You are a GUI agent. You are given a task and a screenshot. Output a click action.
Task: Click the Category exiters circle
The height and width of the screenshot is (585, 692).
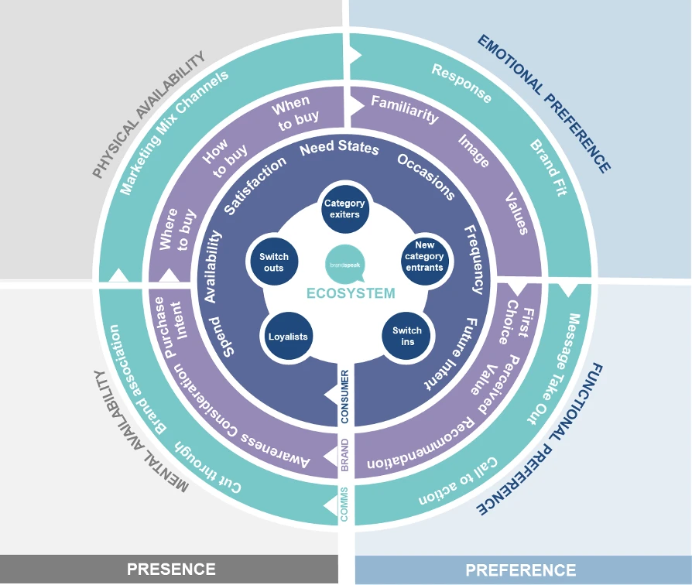click(343, 209)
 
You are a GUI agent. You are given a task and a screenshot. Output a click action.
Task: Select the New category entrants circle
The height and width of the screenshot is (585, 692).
click(424, 256)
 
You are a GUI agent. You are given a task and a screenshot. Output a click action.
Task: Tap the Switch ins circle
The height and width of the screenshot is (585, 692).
click(407, 336)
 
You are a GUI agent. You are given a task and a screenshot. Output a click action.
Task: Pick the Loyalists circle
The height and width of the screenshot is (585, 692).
click(288, 337)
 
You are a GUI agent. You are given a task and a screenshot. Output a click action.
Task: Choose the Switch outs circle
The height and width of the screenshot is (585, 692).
click(273, 262)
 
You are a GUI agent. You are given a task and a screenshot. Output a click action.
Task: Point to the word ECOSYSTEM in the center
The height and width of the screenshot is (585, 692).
click(350, 293)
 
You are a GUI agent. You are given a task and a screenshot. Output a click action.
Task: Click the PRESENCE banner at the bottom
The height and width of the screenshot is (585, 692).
click(171, 570)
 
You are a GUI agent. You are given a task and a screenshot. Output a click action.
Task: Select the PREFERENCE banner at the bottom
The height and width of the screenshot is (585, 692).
click(520, 570)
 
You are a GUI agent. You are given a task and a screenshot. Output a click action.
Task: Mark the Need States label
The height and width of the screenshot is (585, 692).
click(339, 148)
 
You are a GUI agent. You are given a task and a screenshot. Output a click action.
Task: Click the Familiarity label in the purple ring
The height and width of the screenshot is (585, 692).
click(404, 109)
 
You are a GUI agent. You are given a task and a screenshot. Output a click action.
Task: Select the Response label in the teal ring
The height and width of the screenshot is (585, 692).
click(461, 84)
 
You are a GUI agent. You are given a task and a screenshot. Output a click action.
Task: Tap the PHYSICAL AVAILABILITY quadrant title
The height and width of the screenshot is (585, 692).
click(148, 115)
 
